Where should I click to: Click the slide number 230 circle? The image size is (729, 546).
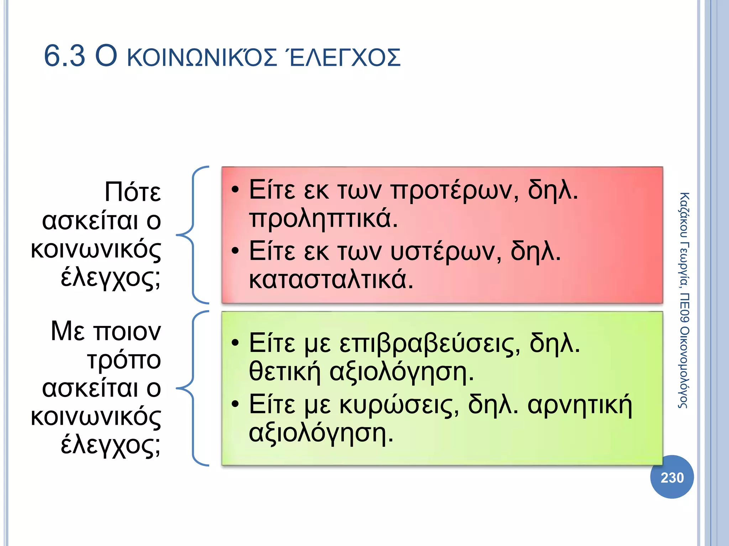[x=672, y=477]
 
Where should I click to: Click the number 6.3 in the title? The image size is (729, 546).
[x=64, y=57]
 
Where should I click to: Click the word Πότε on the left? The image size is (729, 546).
[x=132, y=192]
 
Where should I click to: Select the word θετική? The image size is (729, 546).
[x=285, y=372]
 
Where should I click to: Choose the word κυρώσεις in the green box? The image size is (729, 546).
[x=399, y=405]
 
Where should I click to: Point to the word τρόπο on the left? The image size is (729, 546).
[x=124, y=360]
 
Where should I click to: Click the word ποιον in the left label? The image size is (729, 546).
[x=127, y=332]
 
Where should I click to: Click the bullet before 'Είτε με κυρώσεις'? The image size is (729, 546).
[x=235, y=405]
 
